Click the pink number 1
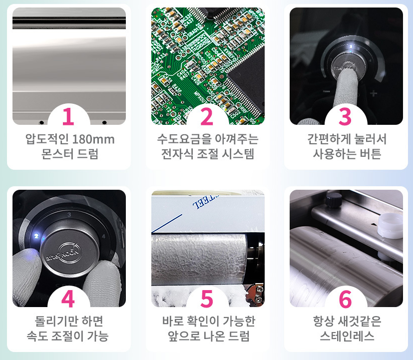pyautogui.click(x=68, y=116)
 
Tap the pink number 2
pyautogui.click(x=207, y=116)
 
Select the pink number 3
pyautogui.click(x=345, y=116)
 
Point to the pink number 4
pyautogui.click(x=68, y=299)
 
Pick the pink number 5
pyautogui.click(x=207, y=299)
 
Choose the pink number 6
pyautogui.click(x=345, y=299)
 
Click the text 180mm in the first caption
pyautogui.click(x=93, y=139)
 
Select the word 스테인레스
pyautogui.click(x=347, y=336)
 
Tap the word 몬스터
pyautogui.click(x=57, y=154)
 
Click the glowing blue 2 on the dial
pyautogui.click(x=36, y=236)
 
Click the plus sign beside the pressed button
pyautogui.click(x=373, y=93)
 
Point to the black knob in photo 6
pyautogui.click(x=333, y=200)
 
